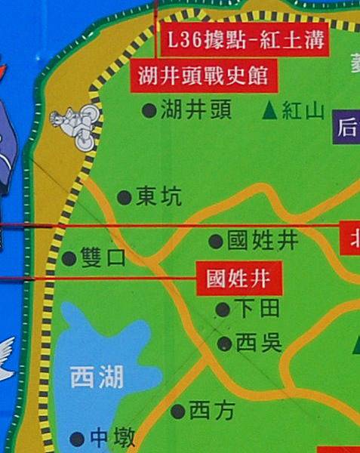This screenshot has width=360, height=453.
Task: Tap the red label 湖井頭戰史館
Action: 204,76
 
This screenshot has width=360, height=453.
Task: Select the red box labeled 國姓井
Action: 238,279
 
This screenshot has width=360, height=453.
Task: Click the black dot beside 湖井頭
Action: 149,111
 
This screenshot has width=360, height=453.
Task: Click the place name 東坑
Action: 159,197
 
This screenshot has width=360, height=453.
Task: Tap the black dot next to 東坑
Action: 125,198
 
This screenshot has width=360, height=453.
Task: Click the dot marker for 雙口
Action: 69,258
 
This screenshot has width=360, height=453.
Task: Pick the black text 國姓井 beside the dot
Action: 263,241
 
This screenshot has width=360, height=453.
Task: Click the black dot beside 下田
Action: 223,309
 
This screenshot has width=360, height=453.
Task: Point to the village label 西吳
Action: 259,344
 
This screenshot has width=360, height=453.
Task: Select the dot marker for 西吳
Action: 224,344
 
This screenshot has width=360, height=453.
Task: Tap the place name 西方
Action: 212,411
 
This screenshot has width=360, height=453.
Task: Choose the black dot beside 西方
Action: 178,411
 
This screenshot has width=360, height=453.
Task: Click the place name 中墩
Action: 112,438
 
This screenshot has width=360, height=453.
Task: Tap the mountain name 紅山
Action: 303,112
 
